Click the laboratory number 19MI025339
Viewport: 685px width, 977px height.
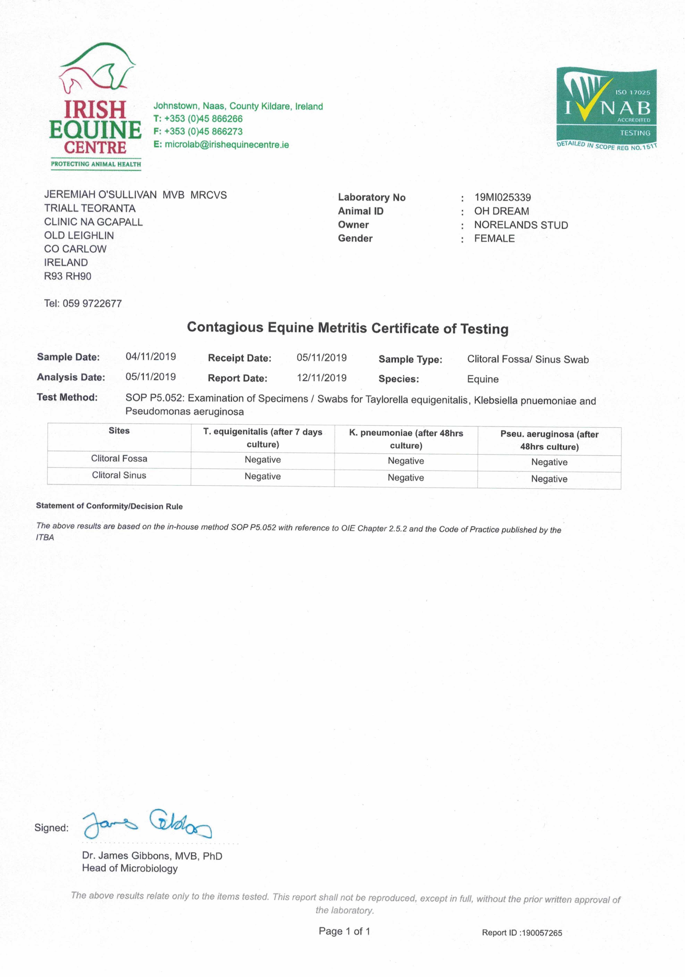click(x=503, y=197)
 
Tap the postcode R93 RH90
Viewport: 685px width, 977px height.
click(x=68, y=276)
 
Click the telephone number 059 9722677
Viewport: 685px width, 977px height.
click(x=92, y=303)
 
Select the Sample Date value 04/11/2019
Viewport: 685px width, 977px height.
click(x=151, y=357)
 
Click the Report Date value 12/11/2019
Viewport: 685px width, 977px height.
click(x=322, y=378)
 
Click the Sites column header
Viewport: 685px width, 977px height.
click(x=119, y=431)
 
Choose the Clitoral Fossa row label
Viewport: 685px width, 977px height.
click(x=119, y=458)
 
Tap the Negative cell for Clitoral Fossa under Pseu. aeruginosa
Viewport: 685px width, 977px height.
click(x=549, y=462)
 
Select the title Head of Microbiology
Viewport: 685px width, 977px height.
click(x=130, y=868)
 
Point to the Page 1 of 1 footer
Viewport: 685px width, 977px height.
click(x=344, y=931)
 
